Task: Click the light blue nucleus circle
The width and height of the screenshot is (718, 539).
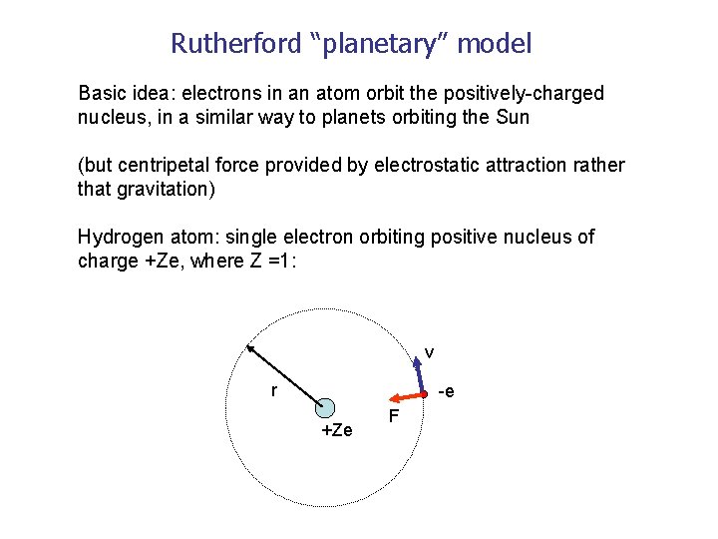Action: pos(324,406)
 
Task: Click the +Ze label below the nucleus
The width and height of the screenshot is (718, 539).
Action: pos(336,430)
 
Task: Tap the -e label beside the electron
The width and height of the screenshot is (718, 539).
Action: pos(446,391)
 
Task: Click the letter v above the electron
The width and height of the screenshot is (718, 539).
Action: pos(429,352)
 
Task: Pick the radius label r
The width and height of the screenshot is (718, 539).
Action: pos(274,390)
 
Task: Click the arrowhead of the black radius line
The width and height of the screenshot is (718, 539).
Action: pos(251,348)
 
